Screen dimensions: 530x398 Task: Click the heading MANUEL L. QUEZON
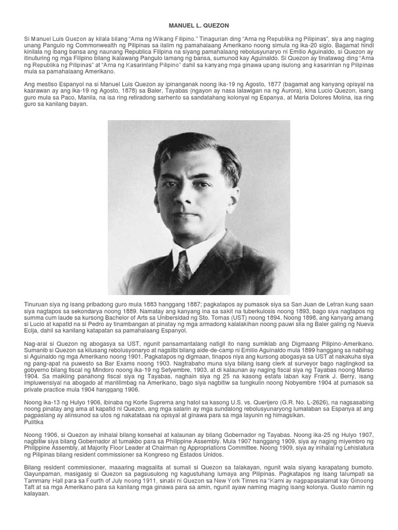pos(199,25)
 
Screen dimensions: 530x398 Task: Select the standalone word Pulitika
pos(34,422)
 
